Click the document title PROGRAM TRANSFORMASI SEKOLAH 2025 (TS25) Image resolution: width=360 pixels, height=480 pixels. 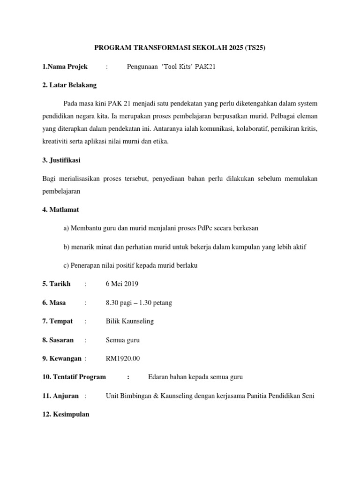click(x=180, y=48)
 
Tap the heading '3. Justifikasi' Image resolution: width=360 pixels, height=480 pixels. click(x=61, y=160)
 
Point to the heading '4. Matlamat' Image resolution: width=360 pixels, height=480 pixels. click(x=60, y=210)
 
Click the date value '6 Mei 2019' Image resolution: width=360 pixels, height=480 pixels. click(x=122, y=284)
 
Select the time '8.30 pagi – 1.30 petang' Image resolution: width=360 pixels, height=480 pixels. click(x=139, y=303)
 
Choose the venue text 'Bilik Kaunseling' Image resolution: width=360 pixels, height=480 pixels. click(x=130, y=321)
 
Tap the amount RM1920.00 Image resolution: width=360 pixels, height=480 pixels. click(x=123, y=359)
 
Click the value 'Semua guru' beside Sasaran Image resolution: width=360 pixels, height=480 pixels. click(x=123, y=340)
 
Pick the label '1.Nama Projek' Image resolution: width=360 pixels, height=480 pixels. click(x=65, y=67)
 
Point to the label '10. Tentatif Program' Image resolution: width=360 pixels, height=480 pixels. click(x=74, y=377)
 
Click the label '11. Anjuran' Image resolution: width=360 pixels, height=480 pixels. click(x=60, y=396)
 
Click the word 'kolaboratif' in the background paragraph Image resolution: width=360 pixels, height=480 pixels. click(x=256, y=128)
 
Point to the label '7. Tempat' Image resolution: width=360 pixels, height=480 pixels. click(x=58, y=321)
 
